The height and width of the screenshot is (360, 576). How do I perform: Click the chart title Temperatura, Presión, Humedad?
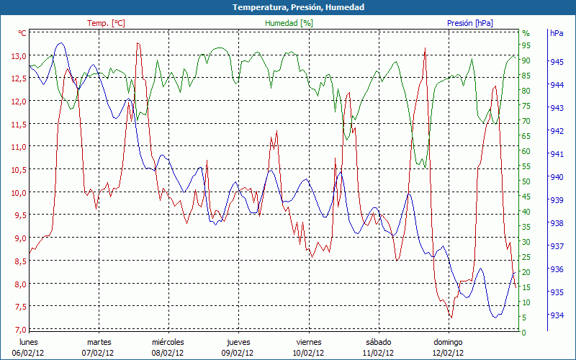coord(288,7)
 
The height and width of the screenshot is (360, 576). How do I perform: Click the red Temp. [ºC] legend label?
coord(106,23)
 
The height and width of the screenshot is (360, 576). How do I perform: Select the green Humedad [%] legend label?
coord(289,23)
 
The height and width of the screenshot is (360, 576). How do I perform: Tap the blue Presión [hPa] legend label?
coord(470,23)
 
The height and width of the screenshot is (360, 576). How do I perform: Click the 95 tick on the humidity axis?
coord(526,45)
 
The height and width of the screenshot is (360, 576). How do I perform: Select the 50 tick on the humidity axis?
coord(526,181)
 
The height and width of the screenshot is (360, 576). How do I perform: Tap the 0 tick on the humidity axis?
coord(524,333)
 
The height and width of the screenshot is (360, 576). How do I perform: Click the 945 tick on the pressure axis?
coord(557,62)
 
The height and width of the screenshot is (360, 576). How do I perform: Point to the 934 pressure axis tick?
coord(557,315)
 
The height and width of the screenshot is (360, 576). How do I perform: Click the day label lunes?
coord(29,342)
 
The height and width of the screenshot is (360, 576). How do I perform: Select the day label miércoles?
coord(168,342)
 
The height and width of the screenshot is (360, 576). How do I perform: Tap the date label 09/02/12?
coord(238,353)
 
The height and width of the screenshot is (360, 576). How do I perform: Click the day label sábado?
coord(378,342)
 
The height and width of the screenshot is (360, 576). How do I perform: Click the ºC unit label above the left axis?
coord(22,33)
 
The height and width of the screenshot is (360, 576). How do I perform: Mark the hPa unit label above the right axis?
coord(557,33)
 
